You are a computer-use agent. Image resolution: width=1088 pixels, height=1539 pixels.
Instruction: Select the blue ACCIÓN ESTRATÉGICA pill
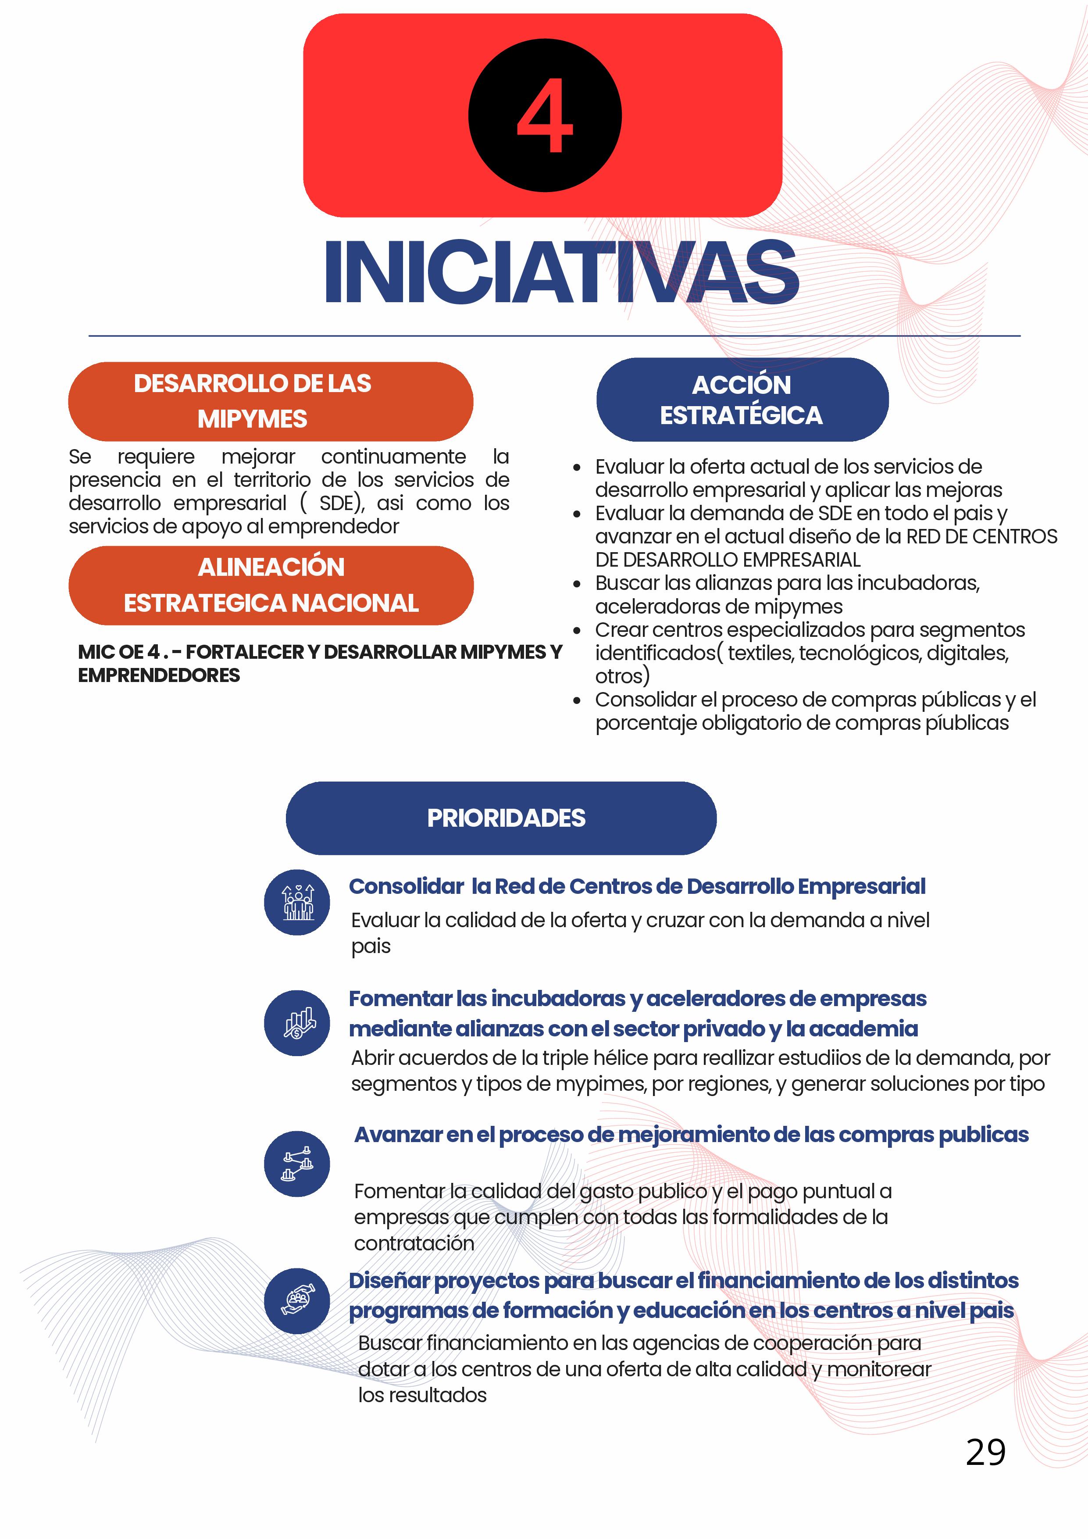click(742, 400)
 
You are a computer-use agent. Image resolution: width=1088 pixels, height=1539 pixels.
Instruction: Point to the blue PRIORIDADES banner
click(501, 818)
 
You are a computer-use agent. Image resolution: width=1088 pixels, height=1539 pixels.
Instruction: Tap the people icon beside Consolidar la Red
click(297, 902)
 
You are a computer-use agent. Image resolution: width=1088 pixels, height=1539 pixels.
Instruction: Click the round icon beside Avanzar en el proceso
click(297, 1164)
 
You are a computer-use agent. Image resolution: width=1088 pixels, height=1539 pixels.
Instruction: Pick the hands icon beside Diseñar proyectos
click(297, 1301)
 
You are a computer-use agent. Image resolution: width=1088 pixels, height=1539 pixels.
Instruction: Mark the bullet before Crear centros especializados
click(577, 631)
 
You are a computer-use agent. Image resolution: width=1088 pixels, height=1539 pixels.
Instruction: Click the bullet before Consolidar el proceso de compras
click(577, 700)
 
